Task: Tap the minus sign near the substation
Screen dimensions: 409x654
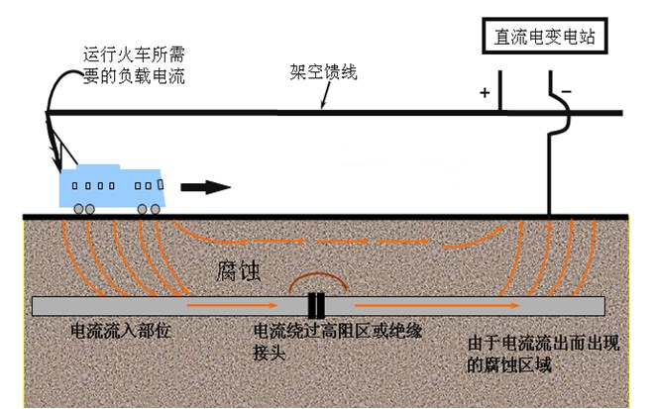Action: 566,93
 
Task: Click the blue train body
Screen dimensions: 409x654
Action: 113,184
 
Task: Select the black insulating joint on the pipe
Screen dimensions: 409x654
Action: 316,305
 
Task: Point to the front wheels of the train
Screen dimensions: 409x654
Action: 150,209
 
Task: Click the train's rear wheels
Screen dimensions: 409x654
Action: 83,209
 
